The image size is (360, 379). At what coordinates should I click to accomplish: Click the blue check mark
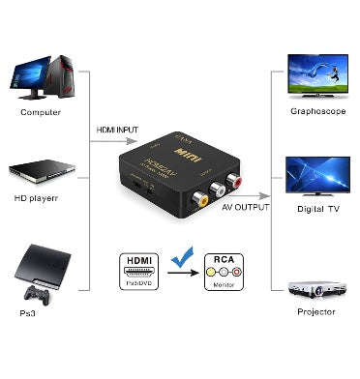tap(178, 259)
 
